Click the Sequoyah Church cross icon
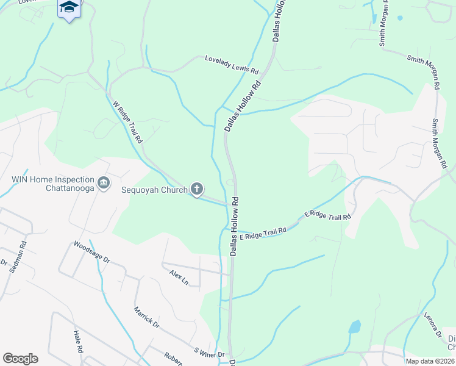click(196, 189)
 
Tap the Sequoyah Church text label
click(157, 189)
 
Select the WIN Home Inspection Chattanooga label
click(53, 184)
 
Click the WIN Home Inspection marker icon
click(103, 182)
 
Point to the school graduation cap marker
click(69, 7)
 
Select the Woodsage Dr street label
click(91, 252)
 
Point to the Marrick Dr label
click(147, 316)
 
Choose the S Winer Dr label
click(209, 353)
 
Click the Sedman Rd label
click(18, 256)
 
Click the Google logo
click(20, 359)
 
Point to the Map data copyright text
click(430, 361)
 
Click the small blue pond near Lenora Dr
click(354, 327)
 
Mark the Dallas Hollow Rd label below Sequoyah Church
click(233, 226)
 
